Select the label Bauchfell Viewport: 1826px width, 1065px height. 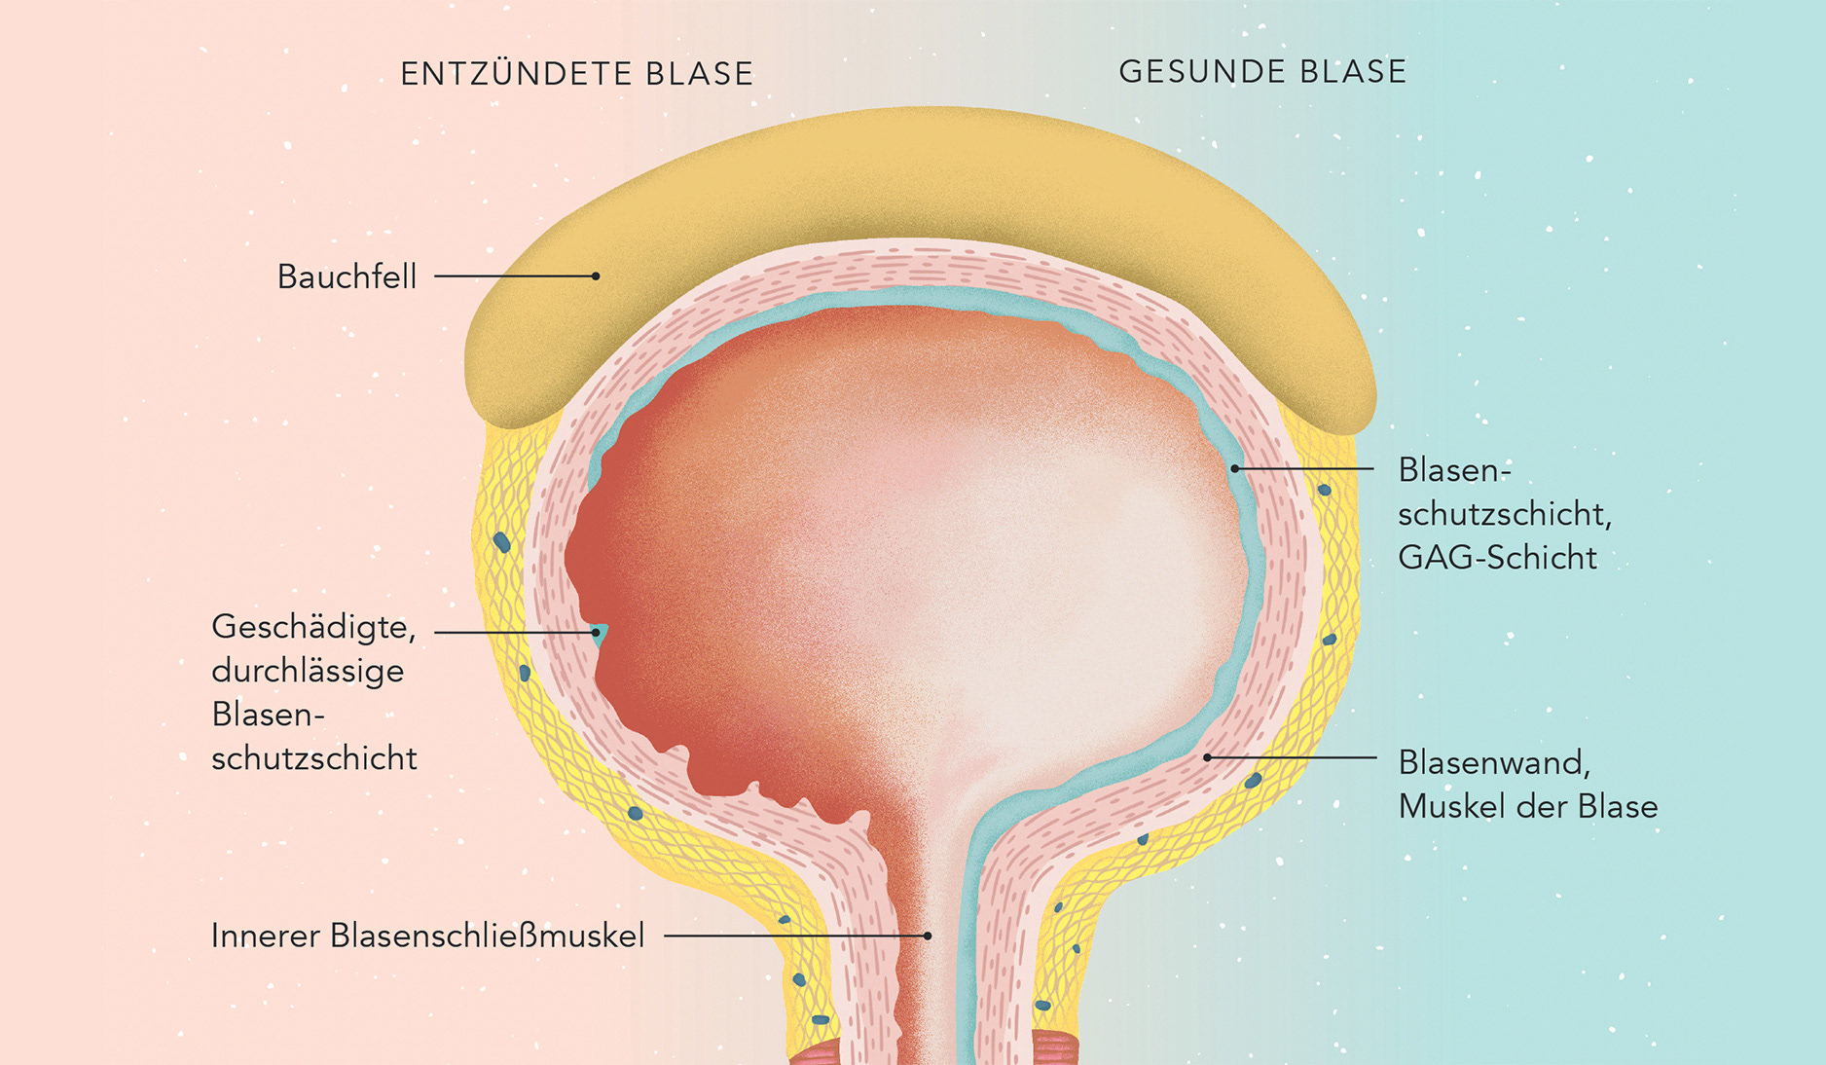[x=347, y=277]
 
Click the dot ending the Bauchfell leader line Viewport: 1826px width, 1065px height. [x=596, y=276]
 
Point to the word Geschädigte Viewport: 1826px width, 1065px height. [x=313, y=628]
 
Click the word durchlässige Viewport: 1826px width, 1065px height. [x=308, y=671]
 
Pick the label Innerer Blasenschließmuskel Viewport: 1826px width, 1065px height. [x=427, y=936]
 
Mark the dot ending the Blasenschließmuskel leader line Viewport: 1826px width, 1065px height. [x=928, y=936]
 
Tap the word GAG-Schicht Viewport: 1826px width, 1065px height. [x=1497, y=558]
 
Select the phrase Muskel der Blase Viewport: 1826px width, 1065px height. [x=1527, y=806]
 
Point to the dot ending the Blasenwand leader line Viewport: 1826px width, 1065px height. [x=1207, y=757]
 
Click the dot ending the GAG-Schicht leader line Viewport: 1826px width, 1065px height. [x=1235, y=468]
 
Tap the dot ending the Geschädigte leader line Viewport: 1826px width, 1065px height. [x=596, y=632]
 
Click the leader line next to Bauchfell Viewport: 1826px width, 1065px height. [x=514, y=276]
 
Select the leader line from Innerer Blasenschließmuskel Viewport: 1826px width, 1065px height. [x=794, y=936]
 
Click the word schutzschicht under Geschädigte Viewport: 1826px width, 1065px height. [x=313, y=758]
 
